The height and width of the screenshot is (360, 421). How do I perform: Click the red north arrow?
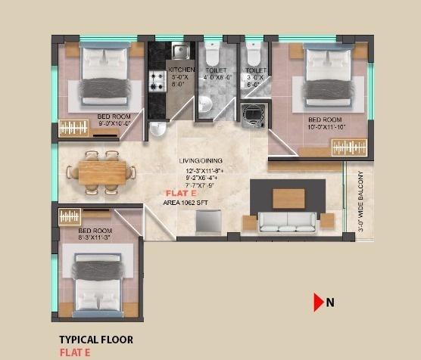(x=318, y=303)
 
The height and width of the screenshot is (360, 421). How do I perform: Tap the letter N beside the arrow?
(x=330, y=303)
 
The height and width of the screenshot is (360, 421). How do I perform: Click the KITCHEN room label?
(x=182, y=70)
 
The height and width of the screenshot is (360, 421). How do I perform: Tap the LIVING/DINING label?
(x=201, y=162)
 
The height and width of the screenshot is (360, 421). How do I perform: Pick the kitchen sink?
(x=179, y=51)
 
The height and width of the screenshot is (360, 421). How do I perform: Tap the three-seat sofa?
(x=288, y=222)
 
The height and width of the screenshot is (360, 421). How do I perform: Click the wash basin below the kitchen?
(x=157, y=128)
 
